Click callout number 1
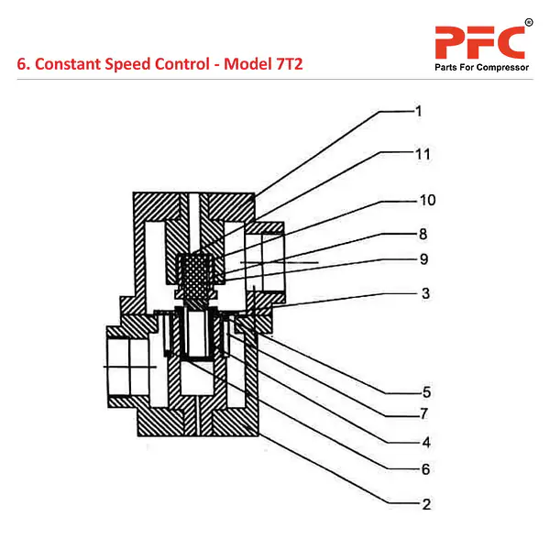(418, 112)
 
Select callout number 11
(422, 154)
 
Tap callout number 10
(428, 200)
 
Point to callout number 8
(423, 234)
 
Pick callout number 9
(423, 259)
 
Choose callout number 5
(426, 392)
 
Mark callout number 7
(423, 413)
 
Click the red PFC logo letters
(479, 42)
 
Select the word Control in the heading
(189, 66)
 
